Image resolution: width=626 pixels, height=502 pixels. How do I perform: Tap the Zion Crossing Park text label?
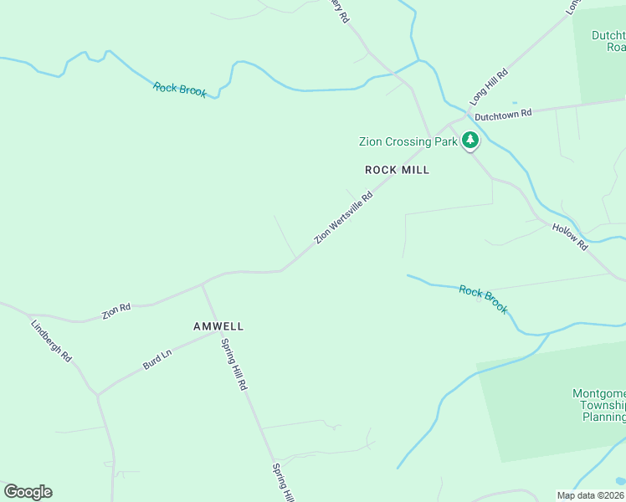(x=408, y=141)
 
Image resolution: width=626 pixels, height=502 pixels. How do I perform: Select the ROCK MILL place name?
(x=398, y=170)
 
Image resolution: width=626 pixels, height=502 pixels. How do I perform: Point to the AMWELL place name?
(x=218, y=326)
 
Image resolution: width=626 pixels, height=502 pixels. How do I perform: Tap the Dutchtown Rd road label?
(x=503, y=114)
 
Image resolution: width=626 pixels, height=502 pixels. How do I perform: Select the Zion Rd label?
(x=116, y=310)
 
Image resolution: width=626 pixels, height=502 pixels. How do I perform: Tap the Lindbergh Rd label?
(x=51, y=340)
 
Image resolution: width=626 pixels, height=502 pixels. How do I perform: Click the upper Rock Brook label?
(x=180, y=90)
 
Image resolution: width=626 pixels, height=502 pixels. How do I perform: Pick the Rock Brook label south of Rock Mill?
(x=483, y=300)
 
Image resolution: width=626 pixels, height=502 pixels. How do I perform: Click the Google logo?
(x=28, y=492)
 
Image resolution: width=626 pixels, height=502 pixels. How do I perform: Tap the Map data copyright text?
(x=591, y=494)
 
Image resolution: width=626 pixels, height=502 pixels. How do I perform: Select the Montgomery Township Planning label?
(x=599, y=405)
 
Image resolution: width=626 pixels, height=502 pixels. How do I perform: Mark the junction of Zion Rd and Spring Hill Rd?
(x=203, y=284)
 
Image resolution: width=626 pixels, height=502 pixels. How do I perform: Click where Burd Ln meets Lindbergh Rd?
(x=98, y=394)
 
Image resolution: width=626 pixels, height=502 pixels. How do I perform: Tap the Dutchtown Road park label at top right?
(x=608, y=41)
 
